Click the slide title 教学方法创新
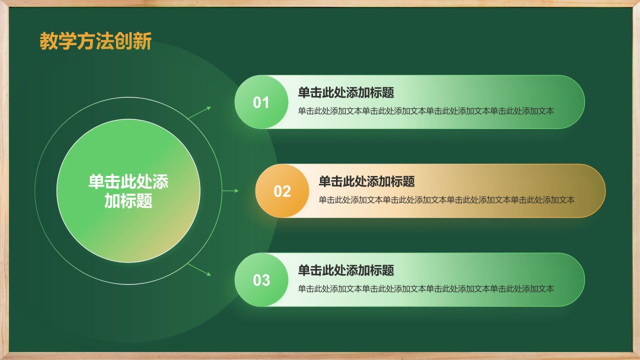click(x=95, y=41)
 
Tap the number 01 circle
click(x=261, y=102)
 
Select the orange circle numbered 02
click(x=282, y=191)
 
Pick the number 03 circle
click(x=261, y=280)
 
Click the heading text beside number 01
click(x=346, y=92)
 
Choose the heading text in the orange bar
click(x=366, y=181)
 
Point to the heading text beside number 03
click(x=346, y=270)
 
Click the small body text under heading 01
click(x=426, y=111)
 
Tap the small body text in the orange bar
click(x=446, y=200)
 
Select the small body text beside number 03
click(x=426, y=288)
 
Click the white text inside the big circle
click(x=128, y=191)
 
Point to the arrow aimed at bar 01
click(x=200, y=112)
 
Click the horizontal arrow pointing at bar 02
click(x=230, y=191)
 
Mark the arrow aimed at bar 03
click(x=200, y=269)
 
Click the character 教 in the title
click(x=47, y=41)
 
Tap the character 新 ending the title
click(x=143, y=41)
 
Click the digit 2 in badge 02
click(x=286, y=191)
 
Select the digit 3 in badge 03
click(x=265, y=280)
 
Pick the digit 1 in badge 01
click(x=265, y=102)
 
